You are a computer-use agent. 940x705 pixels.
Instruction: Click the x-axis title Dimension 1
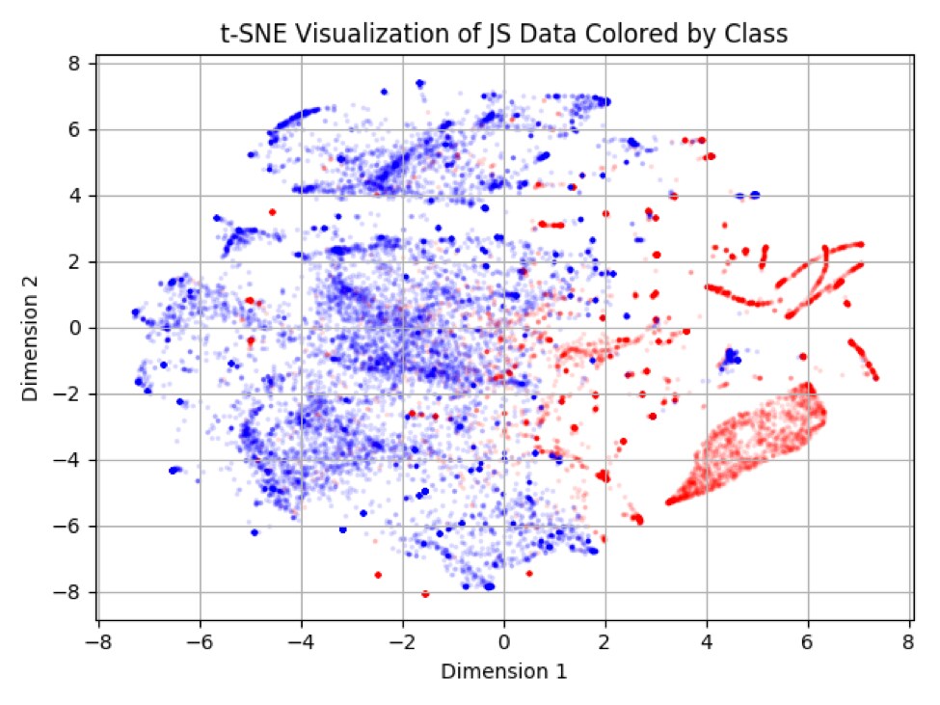point(503,669)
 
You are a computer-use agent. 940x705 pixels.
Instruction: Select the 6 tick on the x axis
point(809,641)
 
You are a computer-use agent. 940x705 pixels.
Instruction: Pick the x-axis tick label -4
point(298,641)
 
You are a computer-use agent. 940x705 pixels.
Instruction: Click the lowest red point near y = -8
point(425,593)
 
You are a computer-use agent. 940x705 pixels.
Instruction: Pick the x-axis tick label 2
point(605,641)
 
